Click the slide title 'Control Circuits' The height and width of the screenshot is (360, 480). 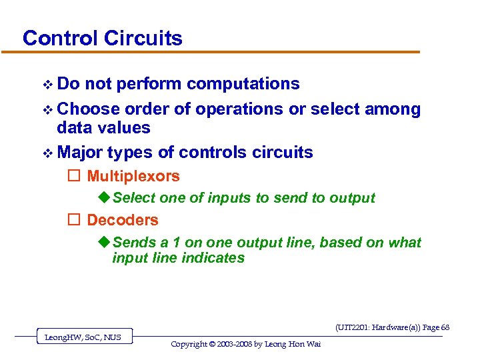point(102,38)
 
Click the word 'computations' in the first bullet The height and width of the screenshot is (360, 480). point(243,84)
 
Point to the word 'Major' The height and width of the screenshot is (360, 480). point(80,153)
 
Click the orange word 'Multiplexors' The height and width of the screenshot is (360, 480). point(133,177)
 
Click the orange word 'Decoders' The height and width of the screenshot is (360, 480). point(123,220)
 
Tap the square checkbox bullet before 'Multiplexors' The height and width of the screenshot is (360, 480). point(74,177)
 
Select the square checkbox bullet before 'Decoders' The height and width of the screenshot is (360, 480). point(74,220)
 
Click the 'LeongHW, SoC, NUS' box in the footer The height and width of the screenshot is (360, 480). point(83,337)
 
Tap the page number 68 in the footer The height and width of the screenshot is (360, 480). point(445,327)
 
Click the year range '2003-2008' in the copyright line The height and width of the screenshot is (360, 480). point(241,344)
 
